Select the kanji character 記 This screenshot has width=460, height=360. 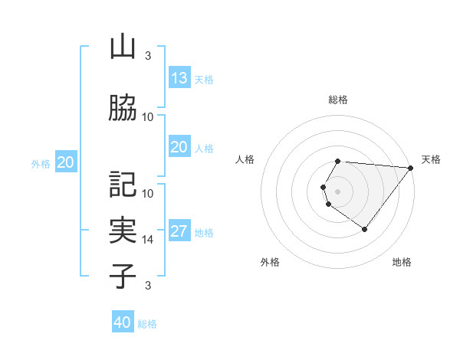[123, 185]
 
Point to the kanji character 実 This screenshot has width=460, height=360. [123, 231]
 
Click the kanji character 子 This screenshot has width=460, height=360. [123, 276]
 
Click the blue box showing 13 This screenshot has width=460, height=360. [179, 78]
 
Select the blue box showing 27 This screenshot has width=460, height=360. [179, 232]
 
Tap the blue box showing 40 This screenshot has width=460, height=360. [123, 322]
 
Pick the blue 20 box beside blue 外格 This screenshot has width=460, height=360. [66, 162]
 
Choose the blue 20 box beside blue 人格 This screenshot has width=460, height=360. [179, 147]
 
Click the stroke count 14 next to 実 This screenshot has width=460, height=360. [148, 240]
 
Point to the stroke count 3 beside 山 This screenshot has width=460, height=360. [148, 55]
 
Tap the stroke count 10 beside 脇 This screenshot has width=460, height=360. [148, 117]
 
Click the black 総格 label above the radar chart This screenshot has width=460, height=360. [338, 100]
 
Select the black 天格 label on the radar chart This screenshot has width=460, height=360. [431, 159]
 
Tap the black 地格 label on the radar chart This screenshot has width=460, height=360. [402, 263]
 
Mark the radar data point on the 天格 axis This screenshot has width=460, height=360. [410, 168]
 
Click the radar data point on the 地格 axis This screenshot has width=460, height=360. [364, 229]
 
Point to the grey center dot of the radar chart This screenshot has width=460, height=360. [338, 191]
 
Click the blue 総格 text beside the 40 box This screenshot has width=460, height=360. [147, 324]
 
